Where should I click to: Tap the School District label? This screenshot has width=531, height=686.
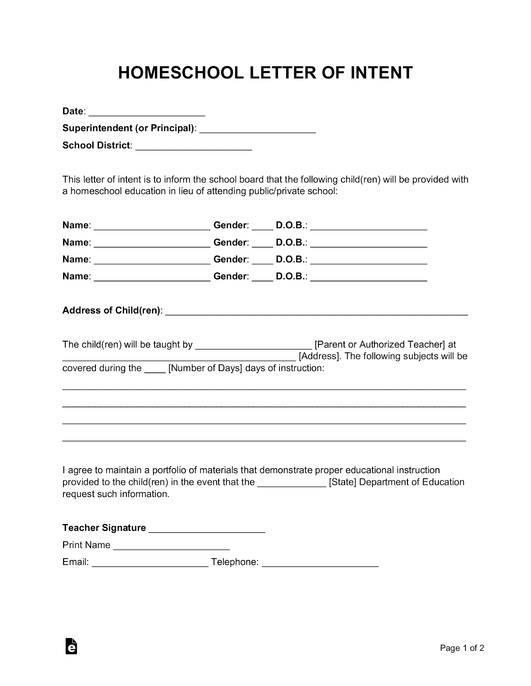(96, 145)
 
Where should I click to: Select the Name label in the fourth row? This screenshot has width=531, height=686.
(76, 276)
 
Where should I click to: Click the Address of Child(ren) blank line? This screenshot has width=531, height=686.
(317, 313)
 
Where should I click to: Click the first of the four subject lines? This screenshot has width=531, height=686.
(264, 388)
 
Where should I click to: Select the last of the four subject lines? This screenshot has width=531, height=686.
(264, 439)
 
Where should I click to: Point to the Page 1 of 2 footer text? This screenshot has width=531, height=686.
(462, 648)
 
